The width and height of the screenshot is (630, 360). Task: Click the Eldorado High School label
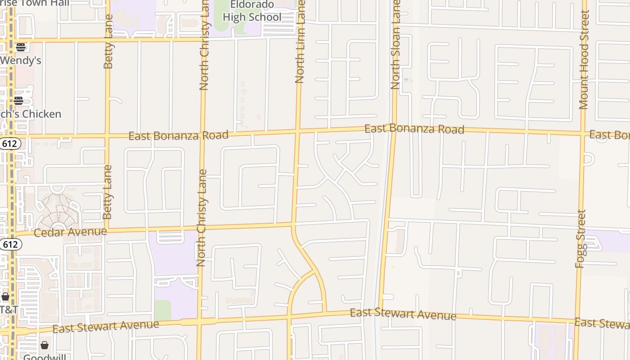(x=252, y=11)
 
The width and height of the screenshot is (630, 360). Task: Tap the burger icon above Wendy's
(x=20, y=47)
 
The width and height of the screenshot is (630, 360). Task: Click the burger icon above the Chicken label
(x=18, y=100)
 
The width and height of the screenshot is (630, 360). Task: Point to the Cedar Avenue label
(x=70, y=232)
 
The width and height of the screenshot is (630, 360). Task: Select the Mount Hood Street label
(x=584, y=60)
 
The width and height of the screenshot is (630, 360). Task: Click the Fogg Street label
(x=581, y=238)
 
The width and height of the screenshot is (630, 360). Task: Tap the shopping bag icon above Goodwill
(x=45, y=345)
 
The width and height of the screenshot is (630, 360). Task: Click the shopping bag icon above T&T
(x=5, y=297)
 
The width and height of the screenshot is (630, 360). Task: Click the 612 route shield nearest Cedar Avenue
(x=10, y=244)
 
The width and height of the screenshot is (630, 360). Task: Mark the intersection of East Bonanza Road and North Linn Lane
(x=297, y=132)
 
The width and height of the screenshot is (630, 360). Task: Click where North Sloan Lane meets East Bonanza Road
(x=394, y=130)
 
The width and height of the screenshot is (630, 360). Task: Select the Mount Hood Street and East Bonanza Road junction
(x=583, y=133)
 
